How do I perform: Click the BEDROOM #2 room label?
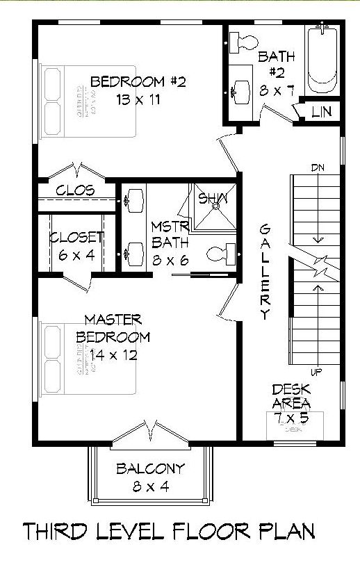(129, 82)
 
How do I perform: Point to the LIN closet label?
(320, 111)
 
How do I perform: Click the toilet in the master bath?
(222, 254)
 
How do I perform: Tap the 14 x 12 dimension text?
(113, 355)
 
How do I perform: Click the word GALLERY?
(264, 272)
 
